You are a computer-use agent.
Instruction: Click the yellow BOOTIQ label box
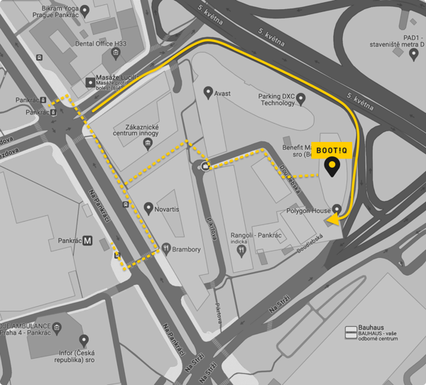pos(332,151)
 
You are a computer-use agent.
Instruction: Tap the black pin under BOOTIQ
pos(332,168)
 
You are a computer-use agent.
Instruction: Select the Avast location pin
pos(208,92)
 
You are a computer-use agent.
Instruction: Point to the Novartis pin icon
pos(148,208)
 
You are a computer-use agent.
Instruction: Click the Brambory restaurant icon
pos(166,249)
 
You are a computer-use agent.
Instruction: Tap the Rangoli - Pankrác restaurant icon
pos(241,249)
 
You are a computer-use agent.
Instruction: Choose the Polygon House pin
pos(336,211)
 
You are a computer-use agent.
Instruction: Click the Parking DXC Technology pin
pos(301,98)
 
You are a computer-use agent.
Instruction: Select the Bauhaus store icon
pos(350,332)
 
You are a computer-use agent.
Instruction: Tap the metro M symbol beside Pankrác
pos(87,240)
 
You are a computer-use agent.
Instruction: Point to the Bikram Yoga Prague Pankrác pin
pos(85,10)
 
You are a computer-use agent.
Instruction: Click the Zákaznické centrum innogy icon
pos(147,145)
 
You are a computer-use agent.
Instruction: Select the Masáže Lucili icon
pos(90,82)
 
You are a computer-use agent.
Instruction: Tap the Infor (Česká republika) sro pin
pos(84,341)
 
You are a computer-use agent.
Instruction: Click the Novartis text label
pos(173,208)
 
